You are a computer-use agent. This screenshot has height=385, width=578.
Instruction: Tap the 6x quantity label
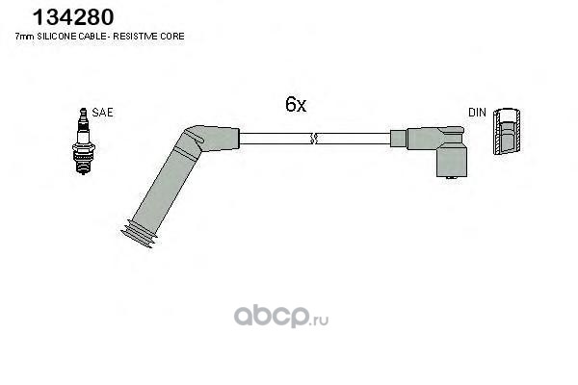coord(295,107)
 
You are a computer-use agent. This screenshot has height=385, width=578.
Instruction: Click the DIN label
coord(477,113)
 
